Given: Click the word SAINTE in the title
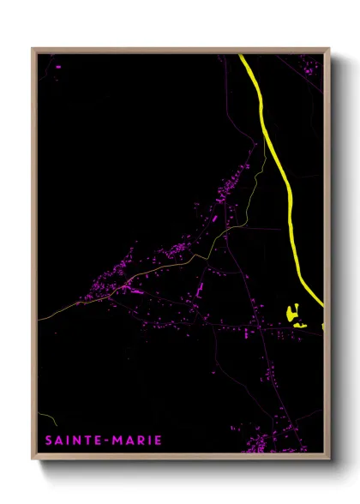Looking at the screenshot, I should [71, 441].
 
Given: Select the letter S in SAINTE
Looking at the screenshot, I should [49, 441].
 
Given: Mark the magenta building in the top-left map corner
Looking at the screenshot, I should [57, 65].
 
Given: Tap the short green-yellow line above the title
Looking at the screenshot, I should [51, 421].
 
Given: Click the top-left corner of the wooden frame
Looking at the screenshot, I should [33, 49].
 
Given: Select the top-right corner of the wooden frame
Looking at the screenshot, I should [328, 49].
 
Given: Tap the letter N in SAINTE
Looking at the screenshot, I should [76, 441].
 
